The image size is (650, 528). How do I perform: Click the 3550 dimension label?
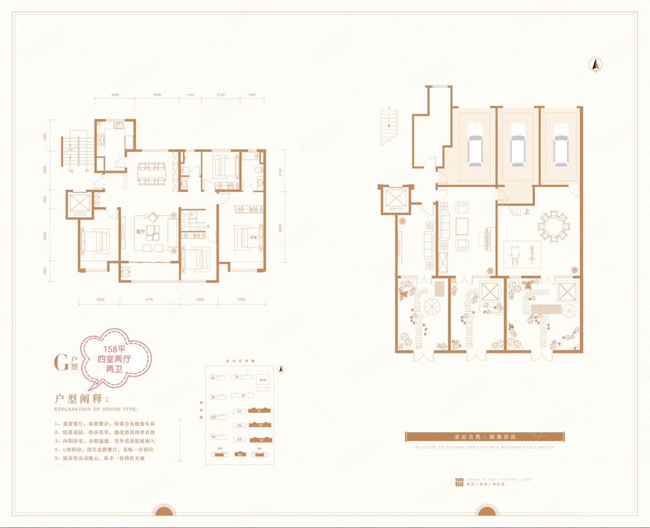tap(153, 95)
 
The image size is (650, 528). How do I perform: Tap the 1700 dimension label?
tap(190, 95)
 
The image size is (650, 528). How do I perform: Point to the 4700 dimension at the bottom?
tap(149, 300)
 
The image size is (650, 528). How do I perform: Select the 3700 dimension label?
tap(241, 300)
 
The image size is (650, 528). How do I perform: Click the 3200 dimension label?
tap(100, 300)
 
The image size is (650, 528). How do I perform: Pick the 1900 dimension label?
tap(251, 95)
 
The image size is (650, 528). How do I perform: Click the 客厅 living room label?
tap(140, 231)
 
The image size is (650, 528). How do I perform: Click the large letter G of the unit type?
tap(61, 362)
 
